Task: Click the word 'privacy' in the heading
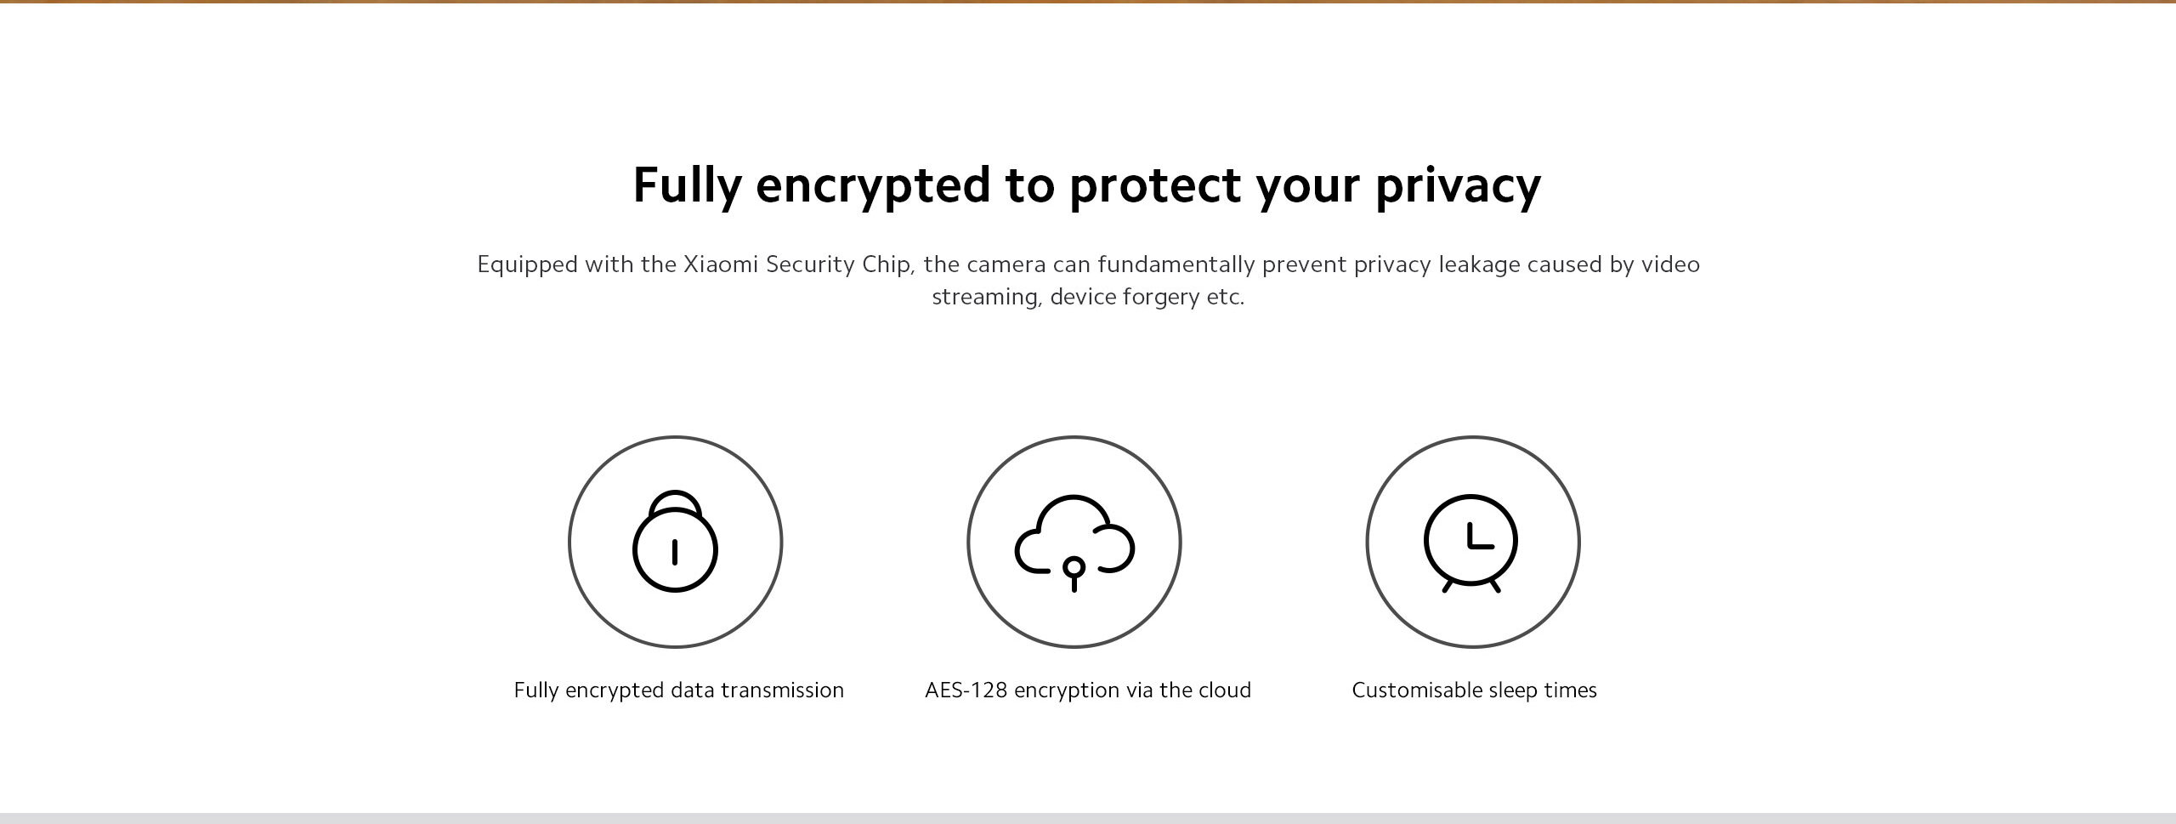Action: pyautogui.click(x=1458, y=185)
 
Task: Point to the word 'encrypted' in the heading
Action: pyautogui.click(x=873, y=185)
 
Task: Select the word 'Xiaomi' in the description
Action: pyautogui.click(x=721, y=264)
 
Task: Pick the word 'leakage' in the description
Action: pyautogui.click(x=1479, y=265)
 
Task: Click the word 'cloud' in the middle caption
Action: pyautogui.click(x=1225, y=690)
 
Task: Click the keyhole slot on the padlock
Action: pyautogui.click(x=675, y=552)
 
